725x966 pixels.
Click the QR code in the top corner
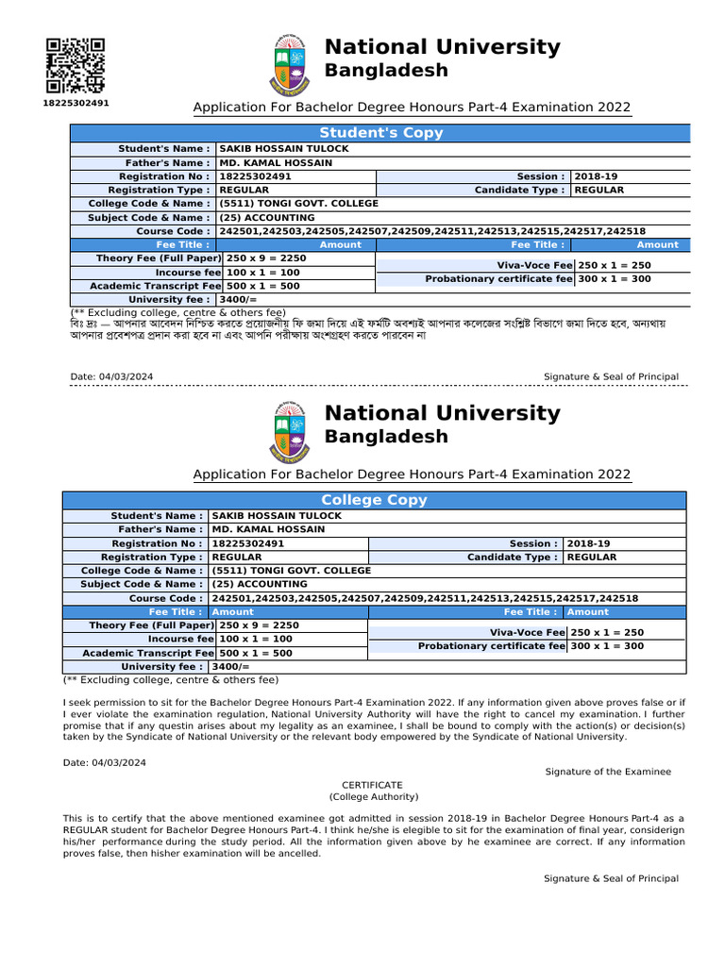pos(76,64)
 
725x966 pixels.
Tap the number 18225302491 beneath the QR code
pos(76,102)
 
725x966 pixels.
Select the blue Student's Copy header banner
pos(380,133)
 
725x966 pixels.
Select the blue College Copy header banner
pos(374,500)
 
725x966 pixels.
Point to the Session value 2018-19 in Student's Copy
pos(594,176)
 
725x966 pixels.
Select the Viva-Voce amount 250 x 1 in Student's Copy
pos(614,266)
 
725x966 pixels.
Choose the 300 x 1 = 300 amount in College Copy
pos(607,646)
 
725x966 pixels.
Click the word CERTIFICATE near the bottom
pos(372,785)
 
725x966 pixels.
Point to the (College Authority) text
pos(372,797)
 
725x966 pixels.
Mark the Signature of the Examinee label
pos(608,772)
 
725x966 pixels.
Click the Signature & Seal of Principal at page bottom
pos(610,878)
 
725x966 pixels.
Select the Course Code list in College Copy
pos(425,598)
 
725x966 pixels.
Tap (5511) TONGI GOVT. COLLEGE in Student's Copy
pos(298,204)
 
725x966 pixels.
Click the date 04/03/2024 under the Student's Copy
pos(111,377)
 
